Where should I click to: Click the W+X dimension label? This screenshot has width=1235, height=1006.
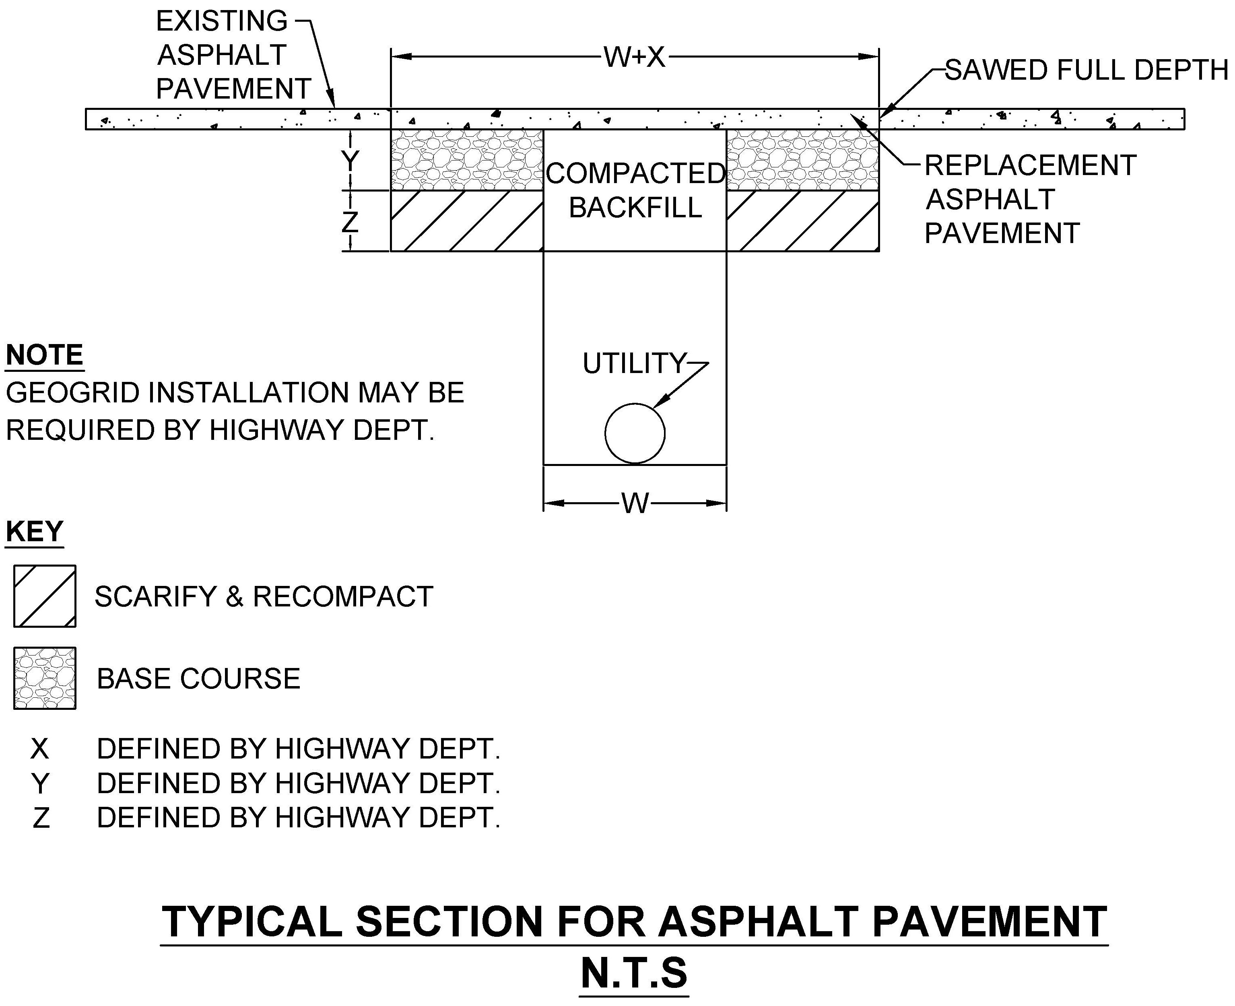[x=635, y=57]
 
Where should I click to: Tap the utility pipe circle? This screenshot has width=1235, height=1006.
[x=635, y=433]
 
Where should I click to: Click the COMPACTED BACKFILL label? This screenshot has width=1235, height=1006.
[x=635, y=190]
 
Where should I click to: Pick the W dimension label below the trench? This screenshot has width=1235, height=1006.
[x=635, y=503]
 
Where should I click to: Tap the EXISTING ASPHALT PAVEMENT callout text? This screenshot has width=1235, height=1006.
[x=232, y=55]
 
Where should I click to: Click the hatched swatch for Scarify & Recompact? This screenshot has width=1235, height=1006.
[x=45, y=596]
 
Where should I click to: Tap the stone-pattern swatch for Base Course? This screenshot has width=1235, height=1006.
[x=45, y=678]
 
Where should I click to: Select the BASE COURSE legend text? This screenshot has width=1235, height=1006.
[x=198, y=678]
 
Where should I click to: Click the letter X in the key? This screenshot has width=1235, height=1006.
[x=39, y=749]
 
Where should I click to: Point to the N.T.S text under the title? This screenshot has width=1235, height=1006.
[x=634, y=973]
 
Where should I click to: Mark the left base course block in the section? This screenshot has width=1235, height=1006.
[x=466, y=159]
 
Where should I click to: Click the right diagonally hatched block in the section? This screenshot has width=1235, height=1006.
[x=803, y=221]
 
